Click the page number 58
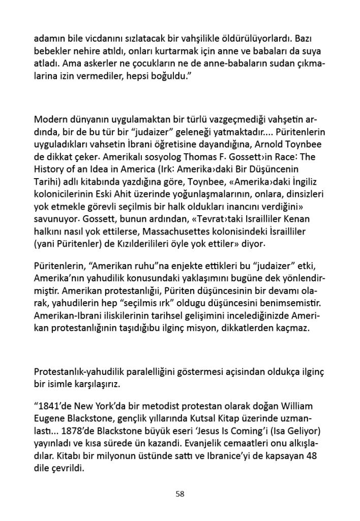tap(179, 493)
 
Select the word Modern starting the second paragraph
tap(52, 120)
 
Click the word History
tap(50, 169)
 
